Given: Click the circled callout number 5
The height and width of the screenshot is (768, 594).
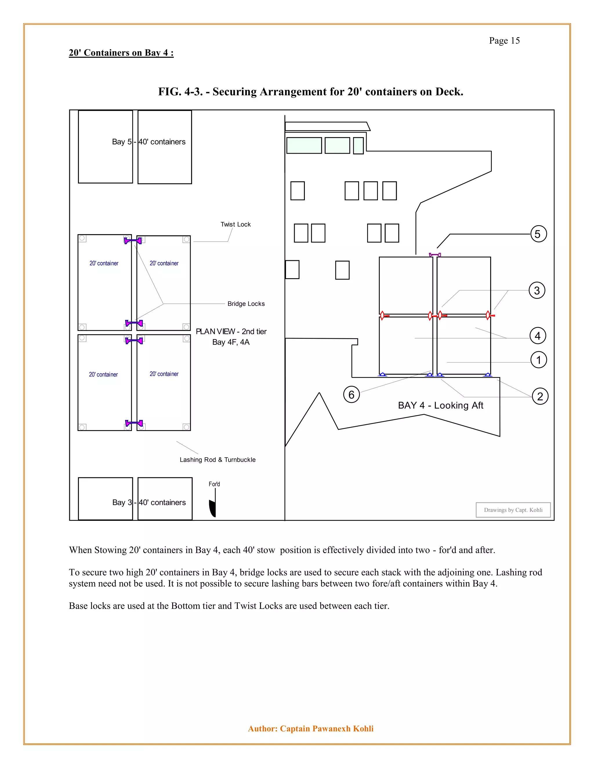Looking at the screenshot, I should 538,234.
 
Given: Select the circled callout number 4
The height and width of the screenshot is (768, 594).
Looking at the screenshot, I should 538,336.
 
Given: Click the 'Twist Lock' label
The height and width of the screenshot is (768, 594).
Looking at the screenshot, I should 236,224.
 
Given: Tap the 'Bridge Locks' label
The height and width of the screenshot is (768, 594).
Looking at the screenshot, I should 246,304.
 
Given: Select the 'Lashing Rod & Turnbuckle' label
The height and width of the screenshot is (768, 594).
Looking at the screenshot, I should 218,460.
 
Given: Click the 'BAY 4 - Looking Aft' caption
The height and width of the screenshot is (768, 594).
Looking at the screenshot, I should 441,405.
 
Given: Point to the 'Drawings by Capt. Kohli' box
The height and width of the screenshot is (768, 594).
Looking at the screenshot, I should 513,510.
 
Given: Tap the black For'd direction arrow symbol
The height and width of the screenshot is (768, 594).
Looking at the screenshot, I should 213,508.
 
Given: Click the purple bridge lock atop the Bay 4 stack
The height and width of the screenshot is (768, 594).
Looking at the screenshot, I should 435,254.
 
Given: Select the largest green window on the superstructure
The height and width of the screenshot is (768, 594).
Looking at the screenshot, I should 304,145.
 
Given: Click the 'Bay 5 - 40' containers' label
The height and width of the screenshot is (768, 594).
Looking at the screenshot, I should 148,142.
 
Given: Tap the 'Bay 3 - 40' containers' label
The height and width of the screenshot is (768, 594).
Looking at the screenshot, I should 149,503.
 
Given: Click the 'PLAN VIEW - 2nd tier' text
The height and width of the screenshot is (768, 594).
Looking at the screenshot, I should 231,332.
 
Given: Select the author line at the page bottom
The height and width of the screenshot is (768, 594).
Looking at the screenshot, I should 311,729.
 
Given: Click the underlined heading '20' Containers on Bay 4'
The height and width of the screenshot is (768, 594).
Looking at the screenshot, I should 121,53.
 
